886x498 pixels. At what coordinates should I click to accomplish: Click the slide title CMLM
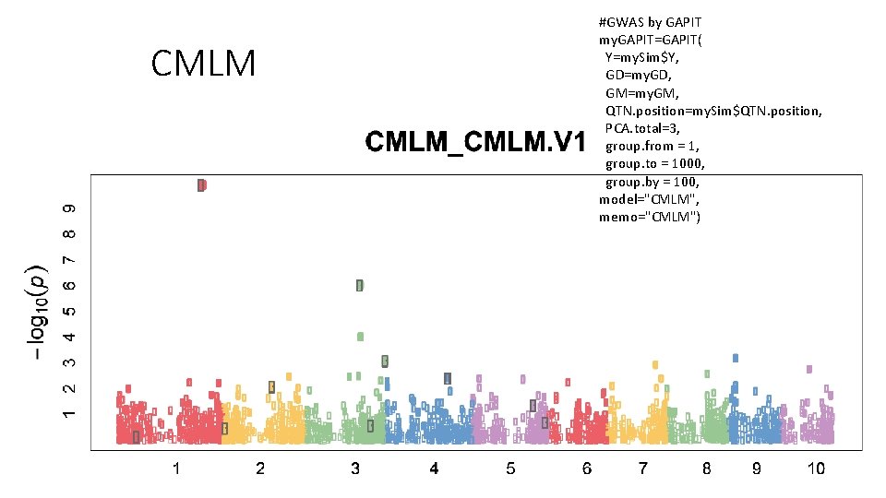[x=202, y=64]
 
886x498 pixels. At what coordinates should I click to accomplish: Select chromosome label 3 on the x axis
[x=355, y=469]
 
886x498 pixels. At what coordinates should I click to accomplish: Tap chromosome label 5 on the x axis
[x=510, y=469]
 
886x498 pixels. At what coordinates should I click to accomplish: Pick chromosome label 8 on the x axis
[x=706, y=469]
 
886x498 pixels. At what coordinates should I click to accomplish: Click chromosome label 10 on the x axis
[x=816, y=469]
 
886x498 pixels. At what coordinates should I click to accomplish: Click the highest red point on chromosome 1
[x=201, y=184]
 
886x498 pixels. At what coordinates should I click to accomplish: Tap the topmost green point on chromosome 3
[x=360, y=285]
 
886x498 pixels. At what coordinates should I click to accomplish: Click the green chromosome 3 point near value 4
[x=360, y=337]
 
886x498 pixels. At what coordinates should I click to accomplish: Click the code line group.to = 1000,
[x=654, y=163]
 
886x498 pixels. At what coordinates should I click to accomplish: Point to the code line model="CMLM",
[x=649, y=199]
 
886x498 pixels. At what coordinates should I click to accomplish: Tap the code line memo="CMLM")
[x=650, y=217]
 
